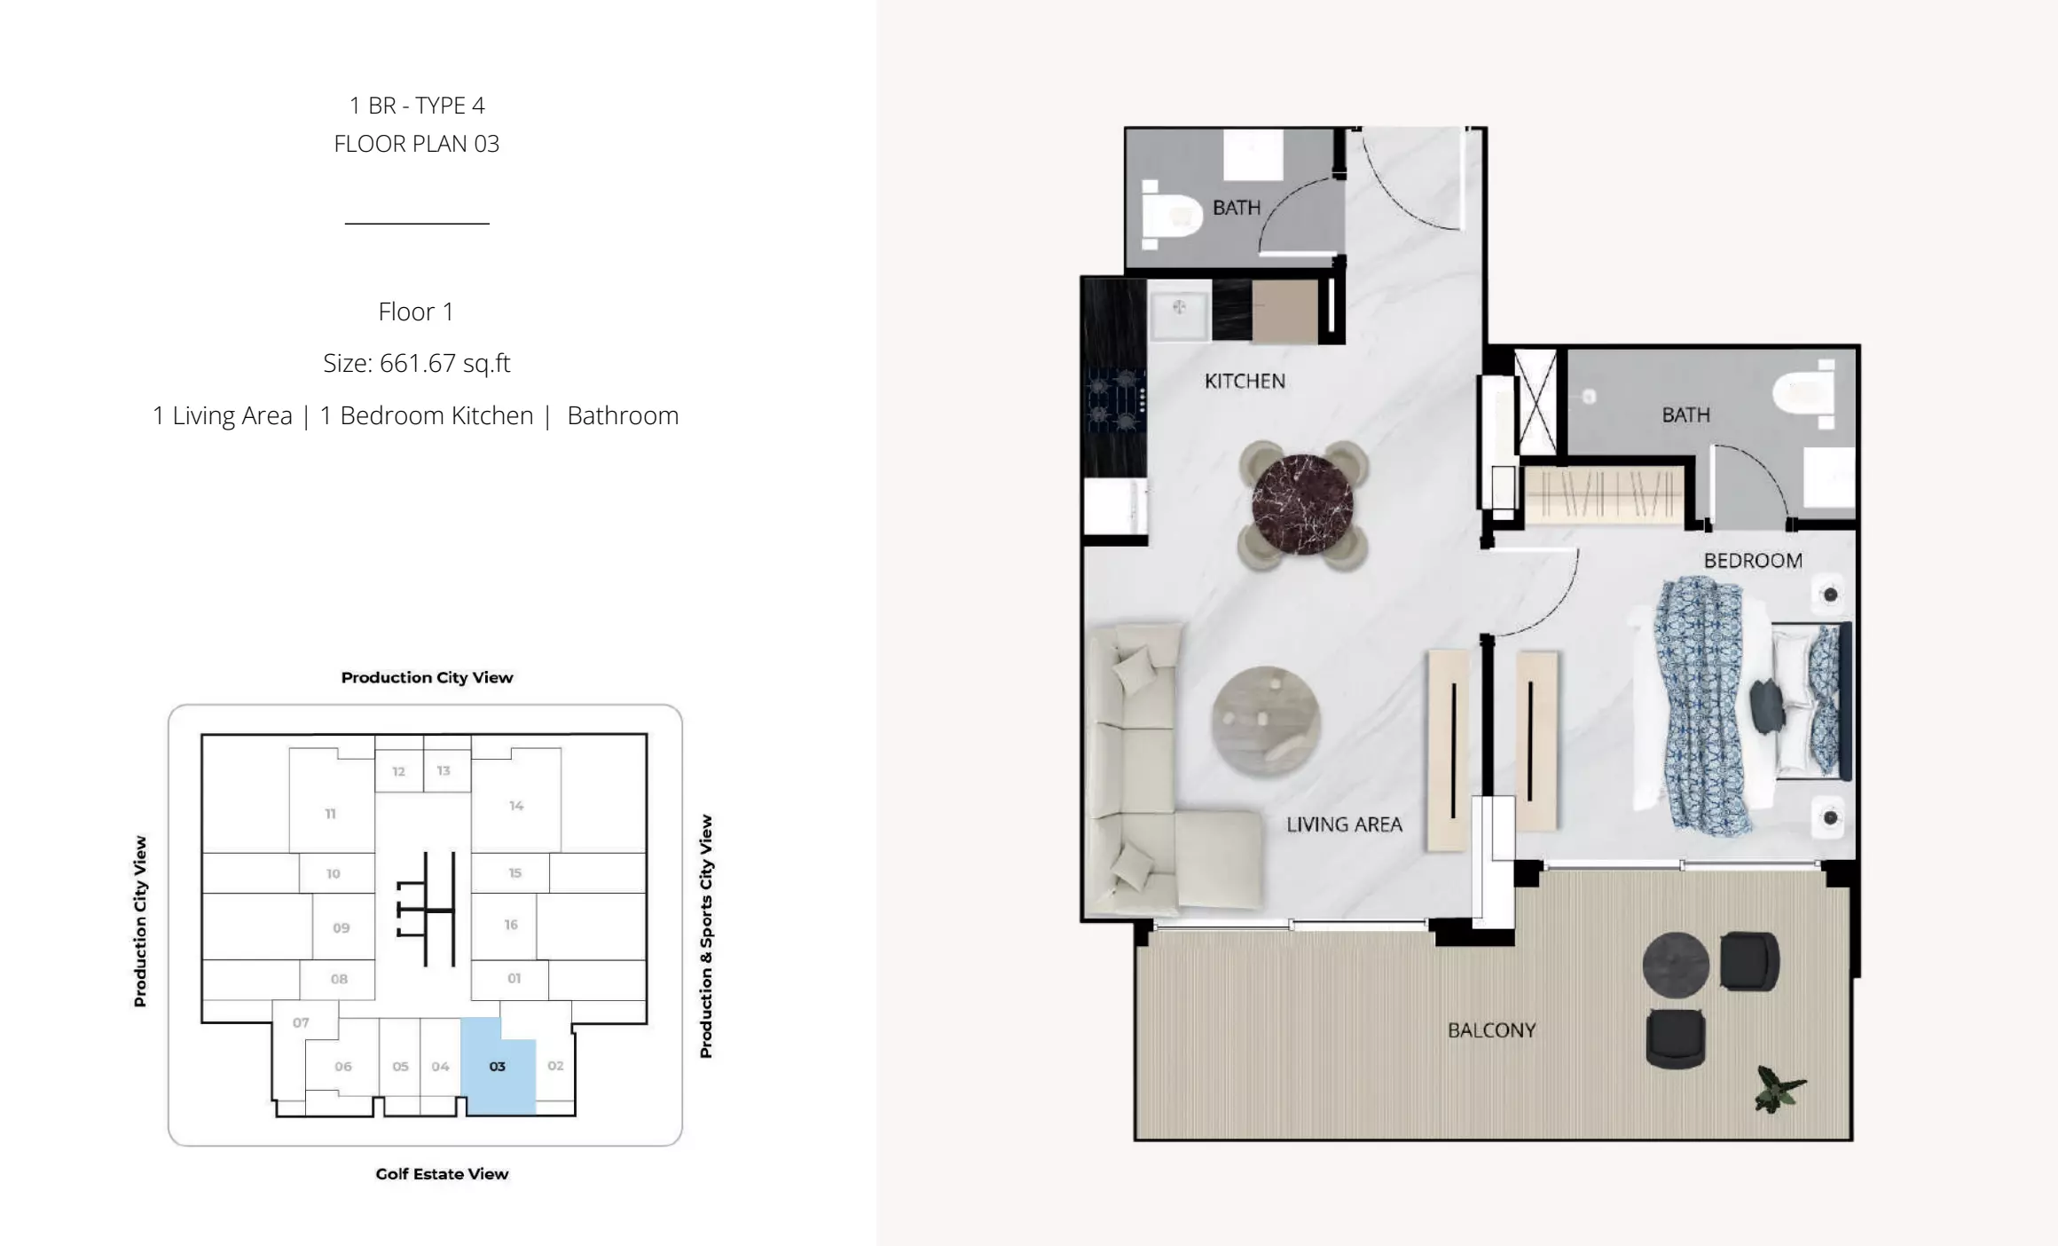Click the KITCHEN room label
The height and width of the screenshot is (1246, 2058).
coord(1245,381)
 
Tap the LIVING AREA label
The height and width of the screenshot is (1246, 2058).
coord(1344,824)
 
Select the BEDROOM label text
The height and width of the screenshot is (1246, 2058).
coord(1753,561)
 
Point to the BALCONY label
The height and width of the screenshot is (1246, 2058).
coord(1491,1030)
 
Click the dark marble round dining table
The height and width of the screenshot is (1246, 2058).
coord(1302,505)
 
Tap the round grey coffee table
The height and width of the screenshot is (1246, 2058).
coord(1266,722)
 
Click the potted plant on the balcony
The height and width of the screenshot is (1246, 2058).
coord(1779,1089)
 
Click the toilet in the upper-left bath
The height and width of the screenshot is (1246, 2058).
coord(1170,213)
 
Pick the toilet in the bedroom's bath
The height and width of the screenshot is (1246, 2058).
coord(1806,394)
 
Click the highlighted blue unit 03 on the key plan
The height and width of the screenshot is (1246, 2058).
coord(498,1067)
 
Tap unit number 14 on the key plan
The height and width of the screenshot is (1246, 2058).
coord(516,806)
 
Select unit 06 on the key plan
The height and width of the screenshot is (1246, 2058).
coord(343,1067)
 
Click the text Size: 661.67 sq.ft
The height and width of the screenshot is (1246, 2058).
coord(417,364)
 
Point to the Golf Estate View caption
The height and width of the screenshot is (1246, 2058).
coord(442,1174)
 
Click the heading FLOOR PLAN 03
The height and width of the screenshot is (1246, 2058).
coord(417,144)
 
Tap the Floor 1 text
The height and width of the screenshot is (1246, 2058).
coord(416,311)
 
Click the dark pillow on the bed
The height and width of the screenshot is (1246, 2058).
coord(1767,706)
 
